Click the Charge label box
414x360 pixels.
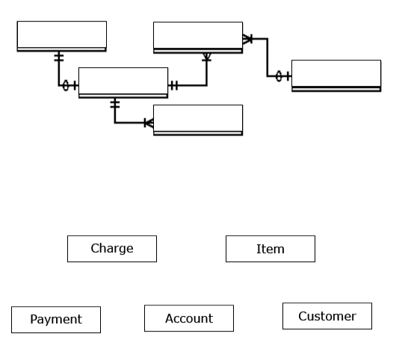point(112,249)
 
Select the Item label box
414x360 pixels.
point(271,249)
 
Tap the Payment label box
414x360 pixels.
point(56,320)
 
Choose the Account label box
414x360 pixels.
point(189,318)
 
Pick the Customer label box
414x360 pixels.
point(327,316)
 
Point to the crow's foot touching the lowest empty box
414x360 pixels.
point(149,122)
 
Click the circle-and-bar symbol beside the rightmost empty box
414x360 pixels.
point(282,76)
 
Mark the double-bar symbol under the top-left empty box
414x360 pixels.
point(58,58)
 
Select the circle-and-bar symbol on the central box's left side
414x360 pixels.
point(69,86)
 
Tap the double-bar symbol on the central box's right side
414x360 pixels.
point(173,86)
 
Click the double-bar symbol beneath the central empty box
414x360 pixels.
point(114,104)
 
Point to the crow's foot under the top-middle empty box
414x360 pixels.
point(207,57)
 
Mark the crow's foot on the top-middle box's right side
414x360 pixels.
point(248,38)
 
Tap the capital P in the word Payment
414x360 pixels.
point(34,320)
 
